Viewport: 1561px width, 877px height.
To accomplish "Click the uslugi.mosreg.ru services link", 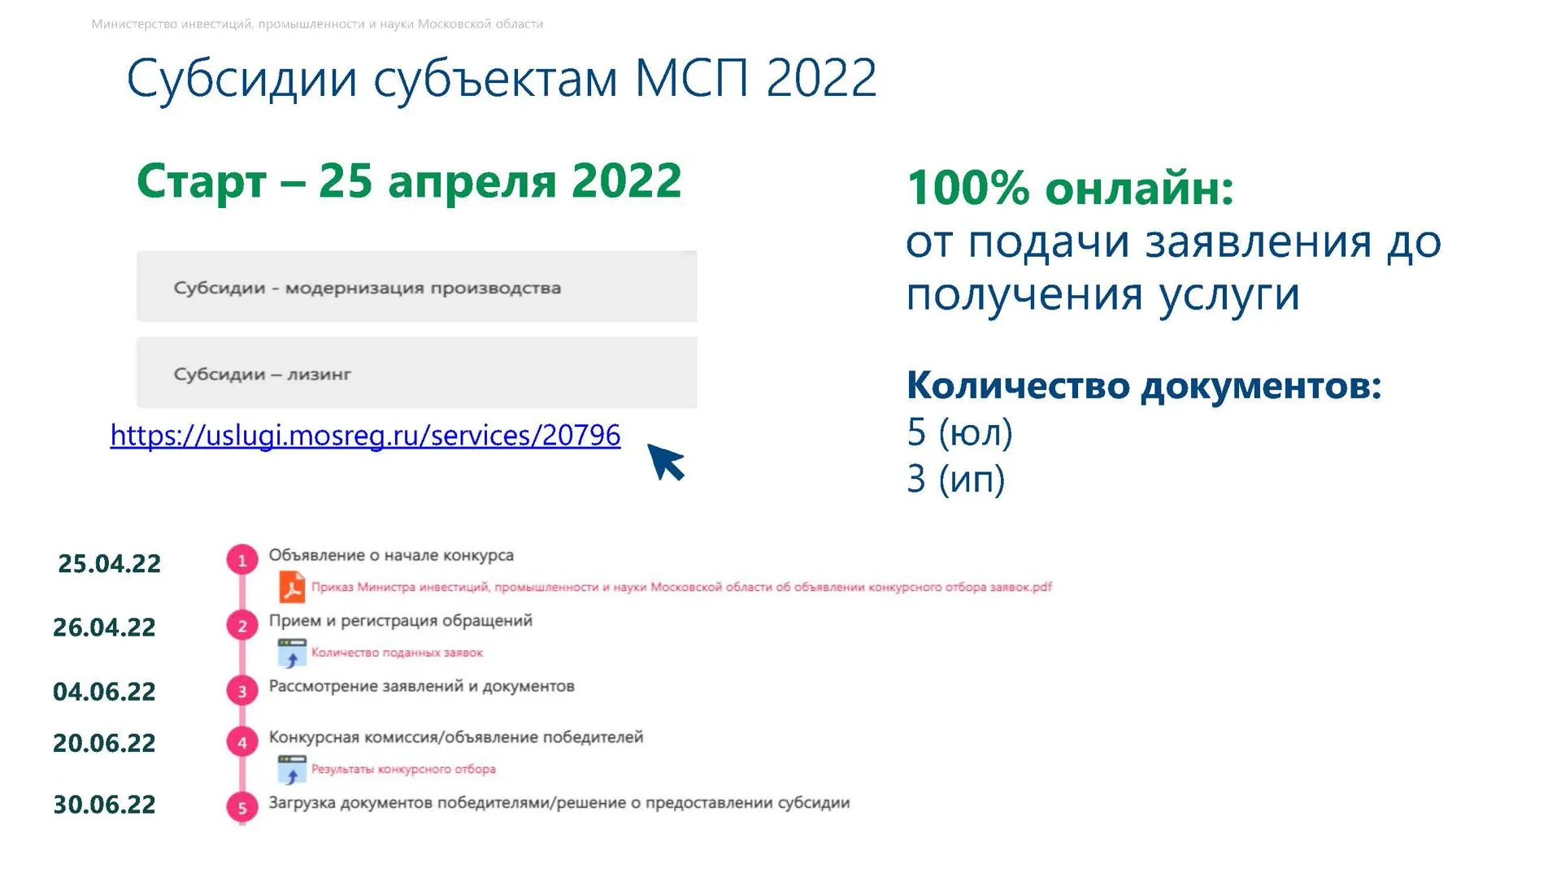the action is coord(365,436).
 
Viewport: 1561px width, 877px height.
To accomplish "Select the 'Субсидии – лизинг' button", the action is coord(416,373).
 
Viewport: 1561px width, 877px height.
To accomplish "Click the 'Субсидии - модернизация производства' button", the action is coord(416,287).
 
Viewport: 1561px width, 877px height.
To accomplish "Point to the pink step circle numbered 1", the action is coord(241,560).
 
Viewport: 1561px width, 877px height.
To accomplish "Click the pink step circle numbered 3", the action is coord(241,691).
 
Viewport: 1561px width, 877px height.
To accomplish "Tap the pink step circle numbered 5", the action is coord(241,808).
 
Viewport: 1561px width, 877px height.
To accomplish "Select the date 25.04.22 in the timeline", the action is coord(109,563).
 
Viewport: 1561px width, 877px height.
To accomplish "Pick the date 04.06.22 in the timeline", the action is coord(104,691).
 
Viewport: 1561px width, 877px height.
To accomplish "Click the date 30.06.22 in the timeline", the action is coord(104,804).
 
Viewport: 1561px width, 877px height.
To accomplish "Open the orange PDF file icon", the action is coord(292,587).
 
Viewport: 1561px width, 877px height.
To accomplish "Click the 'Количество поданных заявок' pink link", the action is coord(397,653).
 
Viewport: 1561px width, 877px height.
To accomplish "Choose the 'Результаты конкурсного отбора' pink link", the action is coord(403,769).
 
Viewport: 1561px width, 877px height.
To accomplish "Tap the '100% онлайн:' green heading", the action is coord(1070,188).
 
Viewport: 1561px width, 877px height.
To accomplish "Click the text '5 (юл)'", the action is coord(959,432).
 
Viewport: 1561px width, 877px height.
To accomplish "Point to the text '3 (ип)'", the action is coord(956,479).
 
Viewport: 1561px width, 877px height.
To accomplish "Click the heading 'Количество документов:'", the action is coord(1144,385).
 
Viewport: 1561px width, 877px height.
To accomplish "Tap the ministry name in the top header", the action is coord(317,24).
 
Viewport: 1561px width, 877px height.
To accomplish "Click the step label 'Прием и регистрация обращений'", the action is coord(401,621).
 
